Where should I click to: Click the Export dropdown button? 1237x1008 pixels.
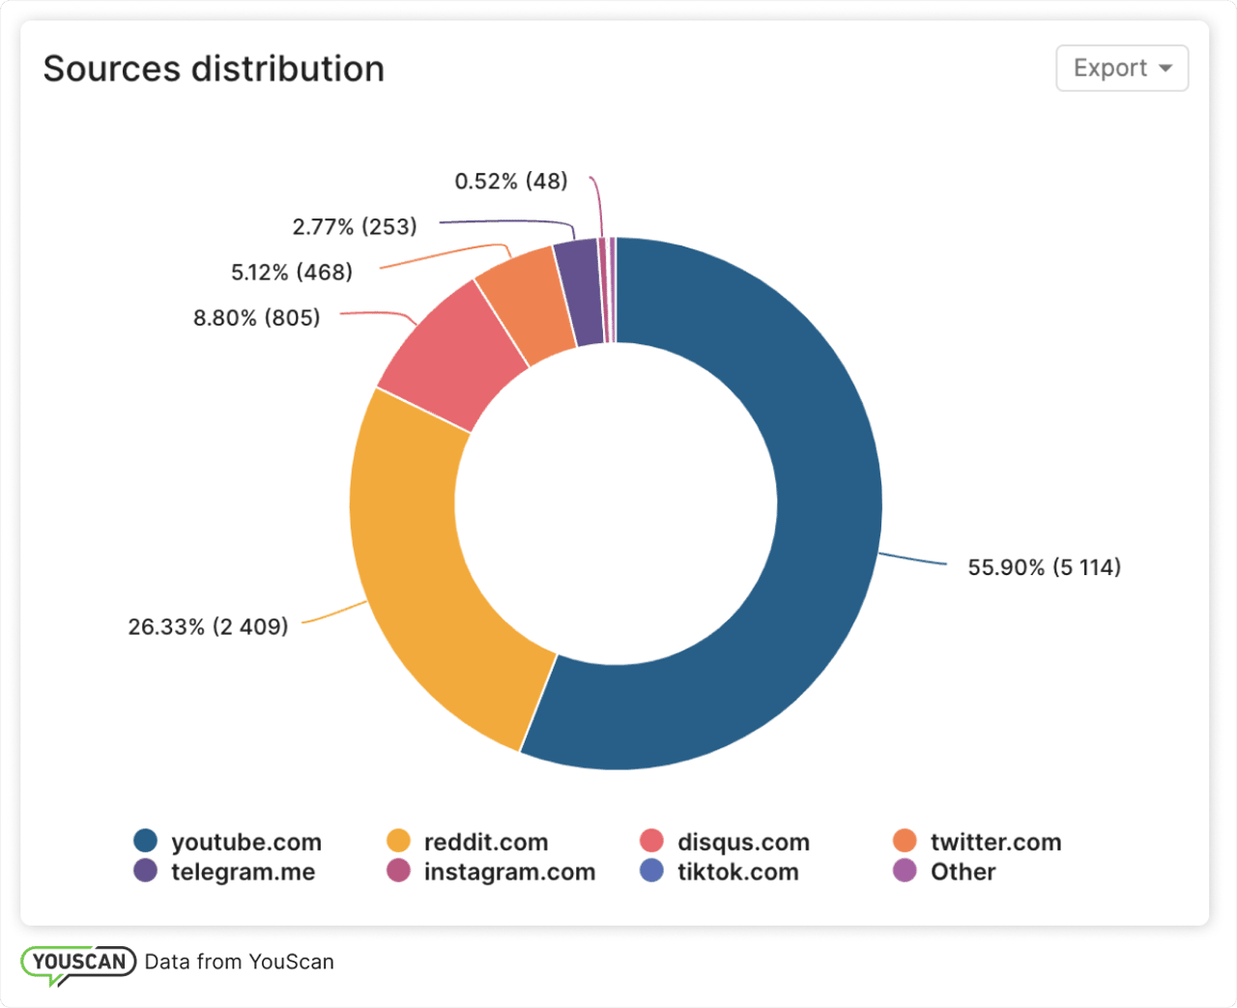[x=1121, y=69]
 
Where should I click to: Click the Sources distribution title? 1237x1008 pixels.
[x=214, y=70]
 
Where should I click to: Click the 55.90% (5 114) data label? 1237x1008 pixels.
[x=1044, y=567]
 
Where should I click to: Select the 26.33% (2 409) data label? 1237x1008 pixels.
[x=208, y=627]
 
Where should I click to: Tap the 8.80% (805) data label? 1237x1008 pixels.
[x=256, y=318]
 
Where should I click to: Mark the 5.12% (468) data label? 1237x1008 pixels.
[x=291, y=273]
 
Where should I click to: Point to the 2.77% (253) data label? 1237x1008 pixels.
[x=355, y=227]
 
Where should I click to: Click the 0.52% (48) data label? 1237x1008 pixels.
[x=510, y=182]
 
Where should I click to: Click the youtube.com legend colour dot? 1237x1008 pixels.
[x=146, y=841]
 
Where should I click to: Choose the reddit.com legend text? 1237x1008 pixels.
[x=485, y=843]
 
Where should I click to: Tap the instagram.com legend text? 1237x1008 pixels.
[x=509, y=872]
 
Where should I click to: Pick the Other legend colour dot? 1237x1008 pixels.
[x=905, y=871]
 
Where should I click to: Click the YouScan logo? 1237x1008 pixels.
[x=77, y=963]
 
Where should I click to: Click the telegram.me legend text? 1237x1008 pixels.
[x=243, y=872]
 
